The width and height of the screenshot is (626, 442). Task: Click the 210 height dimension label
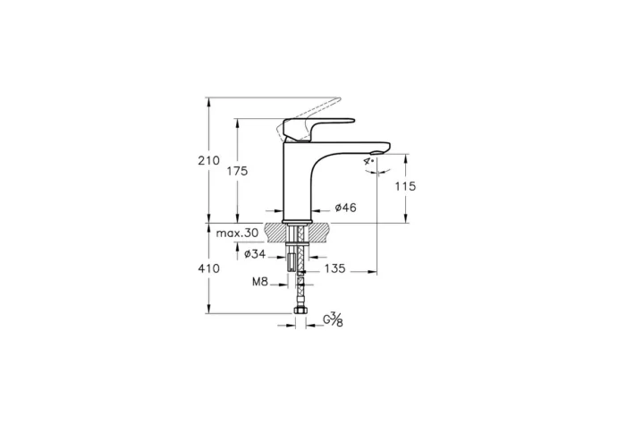pyautogui.click(x=207, y=161)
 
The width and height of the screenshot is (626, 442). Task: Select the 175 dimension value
pyautogui.click(x=237, y=170)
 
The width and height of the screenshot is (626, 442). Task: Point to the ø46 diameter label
pyautogui.click(x=345, y=208)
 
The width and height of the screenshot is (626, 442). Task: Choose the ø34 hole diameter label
pyautogui.click(x=256, y=254)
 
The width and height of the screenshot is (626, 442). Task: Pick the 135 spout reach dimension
pyautogui.click(x=335, y=268)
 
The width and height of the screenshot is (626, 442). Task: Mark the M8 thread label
pyautogui.click(x=259, y=282)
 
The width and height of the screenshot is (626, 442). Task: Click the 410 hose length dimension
pyautogui.click(x=207, y=268)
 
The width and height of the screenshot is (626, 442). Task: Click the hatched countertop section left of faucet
pyautogui.click(x=276, y=231)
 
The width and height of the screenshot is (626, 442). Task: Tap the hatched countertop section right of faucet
pyautogui.click(x=321, y=231)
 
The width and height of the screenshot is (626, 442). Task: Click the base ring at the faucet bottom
pyautogui.click(x=295, y=220)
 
